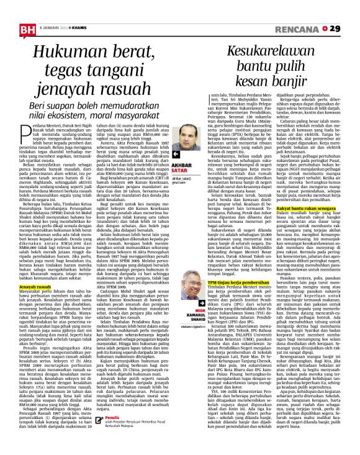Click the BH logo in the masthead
(13, 11)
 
